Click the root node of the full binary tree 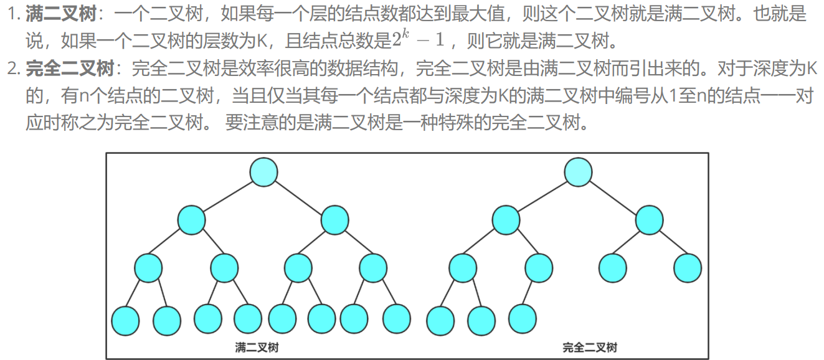(263, 171)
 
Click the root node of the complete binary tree (578, 171)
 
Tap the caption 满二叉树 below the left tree (257, 347)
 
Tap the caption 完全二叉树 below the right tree (590, 347)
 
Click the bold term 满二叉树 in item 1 (61, 14)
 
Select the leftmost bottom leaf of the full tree (125, 321)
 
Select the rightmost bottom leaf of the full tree (397, 318)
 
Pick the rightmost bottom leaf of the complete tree (522, 318)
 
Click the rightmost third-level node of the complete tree (688, 267)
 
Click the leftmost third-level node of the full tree (148, 268)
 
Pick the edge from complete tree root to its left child (541, 196)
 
